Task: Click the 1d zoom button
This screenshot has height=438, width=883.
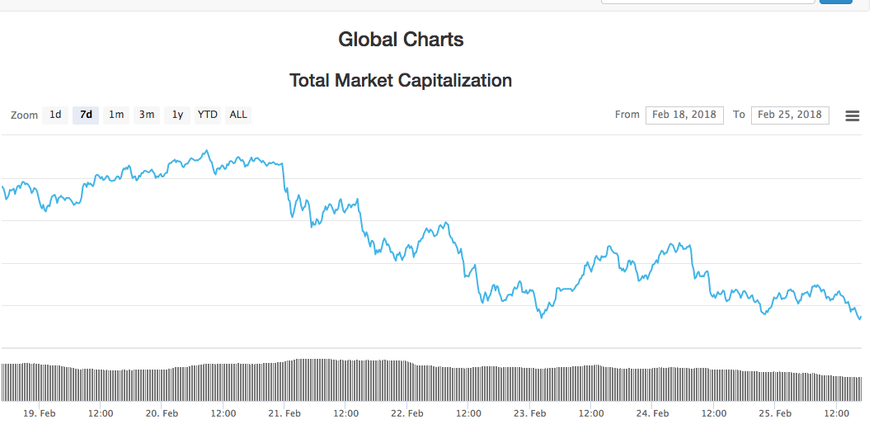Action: click(x=55, y=115)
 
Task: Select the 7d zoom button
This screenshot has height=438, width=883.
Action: click(x=86, y=115)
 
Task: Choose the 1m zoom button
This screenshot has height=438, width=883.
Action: click(x=116, y=115)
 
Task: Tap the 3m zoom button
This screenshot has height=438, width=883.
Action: click(x=147, y=115)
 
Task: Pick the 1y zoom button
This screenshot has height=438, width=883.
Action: click(x=177, y=115)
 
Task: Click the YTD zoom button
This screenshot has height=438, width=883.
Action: click(x=207, y=115)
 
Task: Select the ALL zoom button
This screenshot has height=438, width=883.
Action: click(x=238, y=115)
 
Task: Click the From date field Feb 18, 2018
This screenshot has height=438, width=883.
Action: click(x=684, y=115)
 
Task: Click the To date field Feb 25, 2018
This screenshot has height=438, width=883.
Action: click(x=790, y=115)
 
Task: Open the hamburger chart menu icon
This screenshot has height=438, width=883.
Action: click(x=852, y=116)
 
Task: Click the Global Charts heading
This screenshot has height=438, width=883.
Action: click(x=401, y=39)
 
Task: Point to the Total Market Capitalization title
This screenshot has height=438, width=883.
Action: click(x=401, y=80)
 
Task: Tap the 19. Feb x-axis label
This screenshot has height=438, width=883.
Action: click(x=40, y=413)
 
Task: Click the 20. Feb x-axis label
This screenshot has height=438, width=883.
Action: click(x=162, y=413)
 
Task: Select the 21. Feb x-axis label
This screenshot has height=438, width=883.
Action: click(x=284, y=413)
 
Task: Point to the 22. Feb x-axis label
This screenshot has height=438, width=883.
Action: click(x=407, y=413)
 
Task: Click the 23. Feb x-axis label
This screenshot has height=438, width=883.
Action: click(x=529, y=413)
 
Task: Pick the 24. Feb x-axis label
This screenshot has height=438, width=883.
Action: click(x=652, y=413)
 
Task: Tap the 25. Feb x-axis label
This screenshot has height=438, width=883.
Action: click(x=775, y=413)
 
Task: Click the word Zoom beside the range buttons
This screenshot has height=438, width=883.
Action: click(x=24, y=115)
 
